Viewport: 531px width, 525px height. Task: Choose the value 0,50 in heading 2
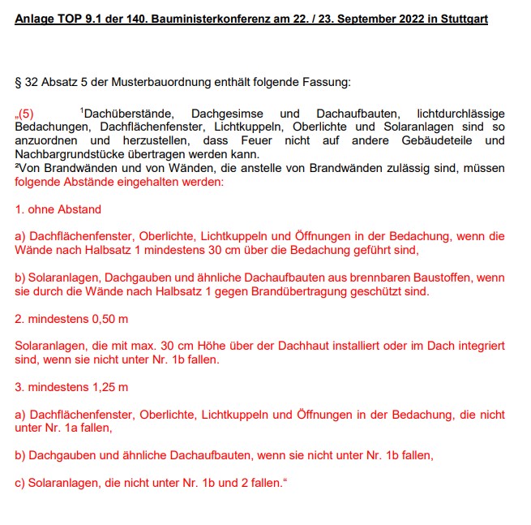(x=101, y=318)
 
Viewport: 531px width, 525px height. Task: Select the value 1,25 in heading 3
(x=101, y=386)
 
